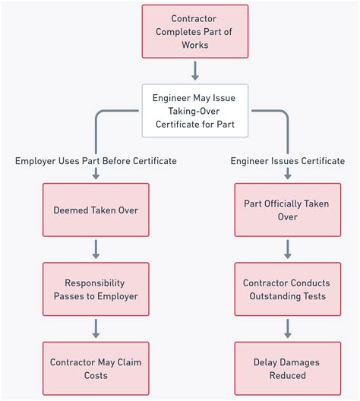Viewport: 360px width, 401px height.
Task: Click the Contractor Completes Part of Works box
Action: (194, 31)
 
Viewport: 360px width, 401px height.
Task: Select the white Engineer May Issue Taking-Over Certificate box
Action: (194, 110)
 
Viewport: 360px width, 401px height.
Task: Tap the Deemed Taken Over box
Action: (96, 210)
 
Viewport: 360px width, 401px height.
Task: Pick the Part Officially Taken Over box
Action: (287, 210)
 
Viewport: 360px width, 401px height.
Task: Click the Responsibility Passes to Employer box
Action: (96, 289)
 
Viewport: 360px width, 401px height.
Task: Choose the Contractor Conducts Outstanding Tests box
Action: (287, 289)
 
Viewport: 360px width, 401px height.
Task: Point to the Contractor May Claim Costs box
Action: (96, 368)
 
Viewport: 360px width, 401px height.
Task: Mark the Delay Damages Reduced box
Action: (287, 368)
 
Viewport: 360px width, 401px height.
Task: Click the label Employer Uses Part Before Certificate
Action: (96, 161)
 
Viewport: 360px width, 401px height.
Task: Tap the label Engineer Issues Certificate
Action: (287, 161)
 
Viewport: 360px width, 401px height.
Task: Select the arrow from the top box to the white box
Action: (194, 71)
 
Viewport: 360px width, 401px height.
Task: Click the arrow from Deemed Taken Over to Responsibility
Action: (96, 248)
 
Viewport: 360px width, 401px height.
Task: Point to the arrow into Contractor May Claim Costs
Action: (96, 328)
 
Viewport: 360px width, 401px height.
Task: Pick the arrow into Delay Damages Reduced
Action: (287, 328)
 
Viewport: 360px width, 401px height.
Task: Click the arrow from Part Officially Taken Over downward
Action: (287, 248)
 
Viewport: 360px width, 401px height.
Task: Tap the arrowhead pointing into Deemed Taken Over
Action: (96, 176)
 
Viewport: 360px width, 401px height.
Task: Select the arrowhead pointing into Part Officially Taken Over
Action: (287, 176)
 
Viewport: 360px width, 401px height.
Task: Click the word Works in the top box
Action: (194, 45)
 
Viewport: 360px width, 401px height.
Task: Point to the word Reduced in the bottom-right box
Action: (287, 375)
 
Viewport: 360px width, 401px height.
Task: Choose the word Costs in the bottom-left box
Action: (96, 375)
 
